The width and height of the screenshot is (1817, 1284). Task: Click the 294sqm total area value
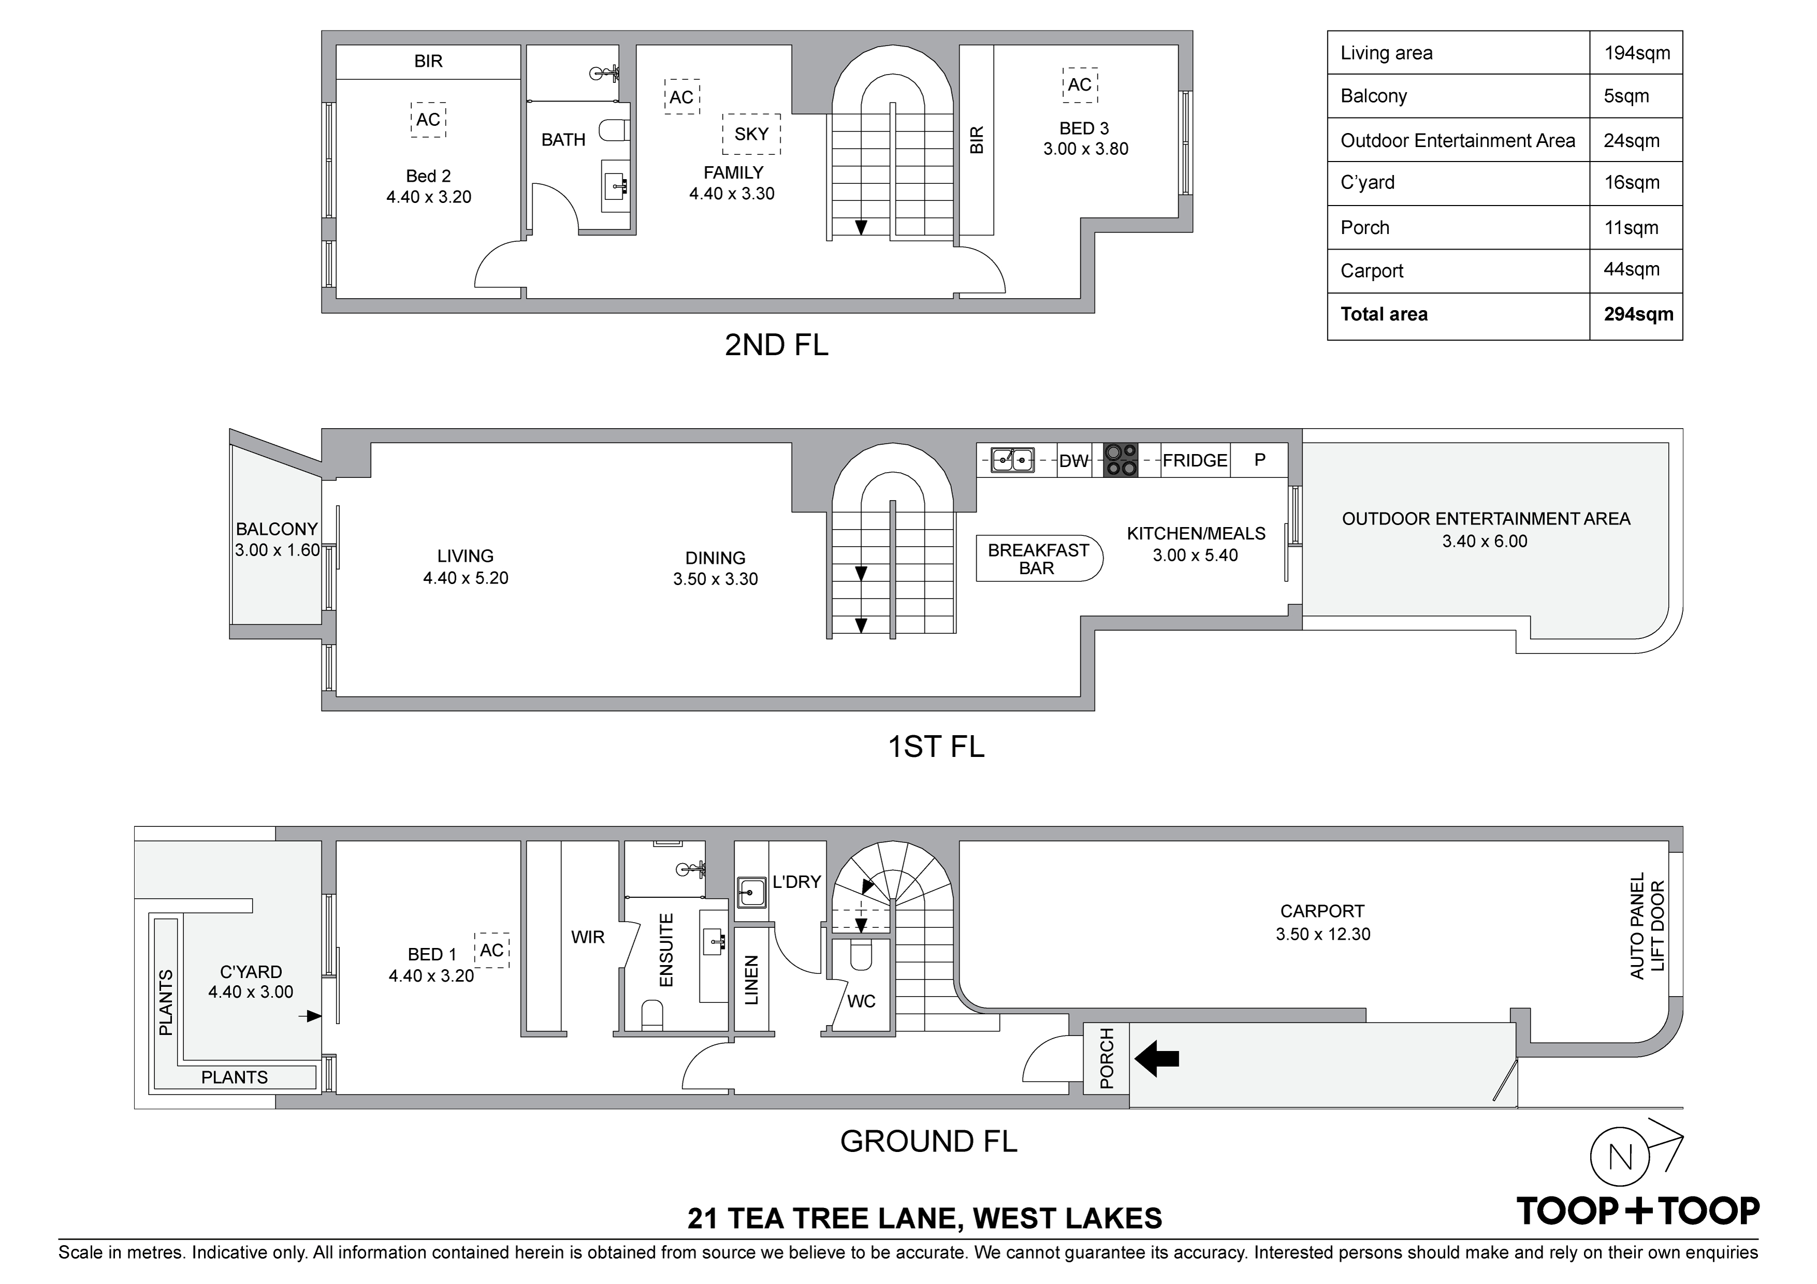tap(1638, 314)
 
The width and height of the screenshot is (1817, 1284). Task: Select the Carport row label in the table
tap(1372, 271)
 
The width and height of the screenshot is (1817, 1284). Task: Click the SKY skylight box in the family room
tap(751, 134)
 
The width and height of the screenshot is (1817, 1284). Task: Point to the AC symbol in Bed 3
tap(1079, 84)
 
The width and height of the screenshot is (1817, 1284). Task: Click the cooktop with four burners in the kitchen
tap(1120, 460)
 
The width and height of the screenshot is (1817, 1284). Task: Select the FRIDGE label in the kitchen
tap(1195, 460)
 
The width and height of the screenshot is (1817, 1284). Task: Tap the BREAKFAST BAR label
tap(1037, 559)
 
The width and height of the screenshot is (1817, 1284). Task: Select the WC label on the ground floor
tap(861, 1001)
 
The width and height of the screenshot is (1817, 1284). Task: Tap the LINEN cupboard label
tap(752, 980)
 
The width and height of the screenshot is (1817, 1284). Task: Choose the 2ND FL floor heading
tap(776, 345)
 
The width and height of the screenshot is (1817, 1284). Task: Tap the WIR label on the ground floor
tap(588, 937)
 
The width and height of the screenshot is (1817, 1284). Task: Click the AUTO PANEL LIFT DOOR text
tap(1648, 926)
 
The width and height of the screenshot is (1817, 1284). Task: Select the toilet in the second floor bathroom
tap(613, 130)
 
